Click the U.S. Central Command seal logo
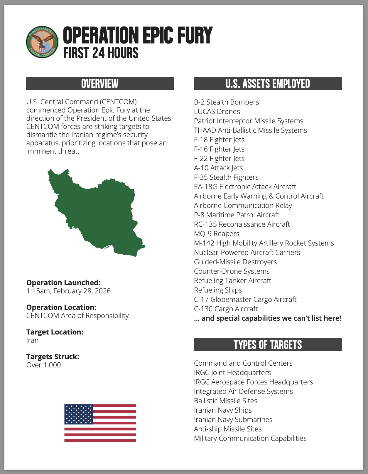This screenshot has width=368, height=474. (42, 41)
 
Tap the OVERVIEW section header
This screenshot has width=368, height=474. (100, 84)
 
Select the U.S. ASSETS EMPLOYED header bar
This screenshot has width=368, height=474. (268, 84)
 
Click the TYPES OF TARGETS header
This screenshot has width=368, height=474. (268, 345)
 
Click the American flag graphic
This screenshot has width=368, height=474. (100, 423)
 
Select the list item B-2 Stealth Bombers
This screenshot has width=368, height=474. (226, 102)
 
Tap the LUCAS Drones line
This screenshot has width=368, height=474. (217, 112)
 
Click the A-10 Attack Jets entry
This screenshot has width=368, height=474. (218, 168)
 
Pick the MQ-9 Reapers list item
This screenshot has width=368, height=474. (217, 234)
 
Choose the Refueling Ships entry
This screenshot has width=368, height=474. (218, 290)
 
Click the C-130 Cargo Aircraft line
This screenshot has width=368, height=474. (226, 309)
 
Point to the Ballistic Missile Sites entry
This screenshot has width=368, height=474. (225, 401)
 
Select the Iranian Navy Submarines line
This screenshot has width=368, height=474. (233, 420)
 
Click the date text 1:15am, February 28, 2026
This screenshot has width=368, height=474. (68, 291)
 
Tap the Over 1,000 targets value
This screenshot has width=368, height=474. (43, 365)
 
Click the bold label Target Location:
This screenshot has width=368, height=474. (55, 332)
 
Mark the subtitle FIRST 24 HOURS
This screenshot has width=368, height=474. (101, 53)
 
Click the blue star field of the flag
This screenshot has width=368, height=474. (78, 414)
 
